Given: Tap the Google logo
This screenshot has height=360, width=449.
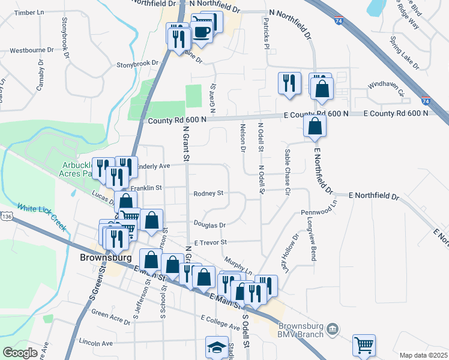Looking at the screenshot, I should point(20,352).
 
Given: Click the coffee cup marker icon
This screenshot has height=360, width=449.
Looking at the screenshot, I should point(201,30).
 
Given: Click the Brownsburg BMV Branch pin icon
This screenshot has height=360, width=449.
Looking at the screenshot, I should point(335,329).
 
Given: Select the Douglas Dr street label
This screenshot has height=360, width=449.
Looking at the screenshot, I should point(209,224).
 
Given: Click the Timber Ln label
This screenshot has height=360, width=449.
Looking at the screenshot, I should point(29,12).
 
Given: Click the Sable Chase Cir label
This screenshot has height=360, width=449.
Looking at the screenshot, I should point(288,171).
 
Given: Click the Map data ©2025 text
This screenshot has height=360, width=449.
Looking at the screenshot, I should point(423,355).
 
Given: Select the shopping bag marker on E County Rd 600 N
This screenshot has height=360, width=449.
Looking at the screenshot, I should point(315,127).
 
